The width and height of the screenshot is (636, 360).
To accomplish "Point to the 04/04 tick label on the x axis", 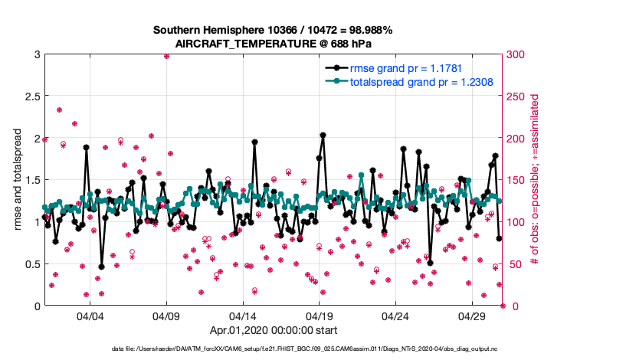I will [90, 316].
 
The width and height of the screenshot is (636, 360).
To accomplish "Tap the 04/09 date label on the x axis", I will [166, 316].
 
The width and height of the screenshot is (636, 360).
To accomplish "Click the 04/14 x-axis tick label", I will [243, 316].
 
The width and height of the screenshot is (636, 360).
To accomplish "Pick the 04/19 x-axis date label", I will [319, 316].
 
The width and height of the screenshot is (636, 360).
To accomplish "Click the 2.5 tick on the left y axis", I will [31, 97].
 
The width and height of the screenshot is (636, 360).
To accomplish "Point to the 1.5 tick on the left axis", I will [31, 180].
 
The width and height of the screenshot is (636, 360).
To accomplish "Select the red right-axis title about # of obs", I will [536, 180].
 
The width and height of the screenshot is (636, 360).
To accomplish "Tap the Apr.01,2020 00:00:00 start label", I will [273, 332].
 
